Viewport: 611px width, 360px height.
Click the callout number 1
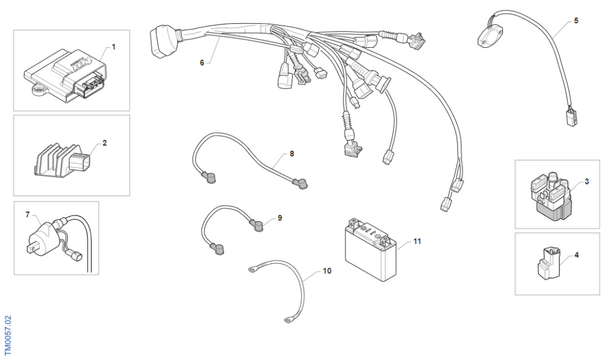[114, 47]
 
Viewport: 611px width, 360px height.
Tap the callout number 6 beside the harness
[202, 62]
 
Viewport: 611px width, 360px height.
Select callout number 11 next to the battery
[418, 242]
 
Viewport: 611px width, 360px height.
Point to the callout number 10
[327, 271]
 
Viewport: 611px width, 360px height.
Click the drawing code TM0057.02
[8, 336]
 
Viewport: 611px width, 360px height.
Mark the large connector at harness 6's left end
[159, 42]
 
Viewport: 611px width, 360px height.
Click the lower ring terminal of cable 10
[289, 319]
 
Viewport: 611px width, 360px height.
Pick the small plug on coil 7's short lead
[76, 257]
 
